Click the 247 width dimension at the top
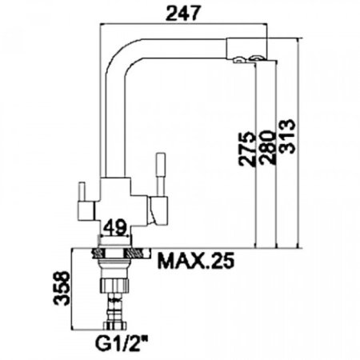pyautogui.click(x=182, y=13)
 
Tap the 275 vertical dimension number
pyautogui.click(x=246, y=149)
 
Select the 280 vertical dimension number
pyautogui.click(x=267, y=147)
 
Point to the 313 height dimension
pyautogui.click(x=287, y=136)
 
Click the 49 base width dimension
pyautogui.click(x=114, y=227)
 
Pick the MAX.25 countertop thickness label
pyautogui.click(x=196, y=260)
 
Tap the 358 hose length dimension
pyautogui.click(x=62, y=288)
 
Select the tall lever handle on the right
pyautogui.click(x=161, y=174)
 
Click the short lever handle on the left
pyautogui.click(x=82, y=192)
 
